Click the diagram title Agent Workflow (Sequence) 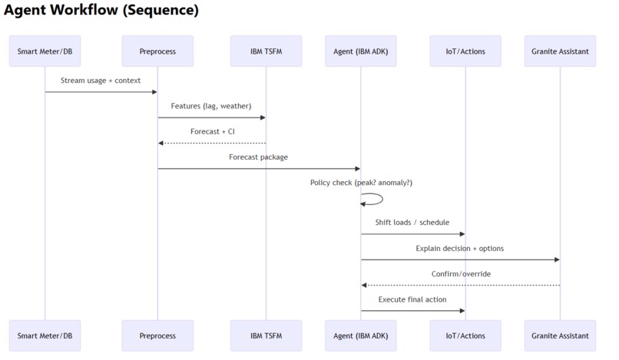click(x=101, y=11)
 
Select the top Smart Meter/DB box click(x=45, y=51)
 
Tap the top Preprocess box click(x=157, y=51)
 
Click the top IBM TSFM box click(x=266, y=51)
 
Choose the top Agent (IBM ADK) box click(x=361, y=51)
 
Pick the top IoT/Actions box click(x=465, y=51)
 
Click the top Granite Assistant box click(x=560, y=51)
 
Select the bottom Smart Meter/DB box click(x=45, y=335)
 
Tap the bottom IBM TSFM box click(x=266, y=335)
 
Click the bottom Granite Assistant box click(x=560, y=335)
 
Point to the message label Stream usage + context click(x=101, y=81)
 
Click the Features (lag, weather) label click(x=211, y=106)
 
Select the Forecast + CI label click(x=212, y=131)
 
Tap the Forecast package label click(x=259, y=157)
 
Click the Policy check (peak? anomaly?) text click(x=361, y=183)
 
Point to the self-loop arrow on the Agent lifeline click(x=376, y=199)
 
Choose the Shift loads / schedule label click(x=412, y=223)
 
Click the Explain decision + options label click(x=460, y=249)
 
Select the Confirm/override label click(x=461, y=274)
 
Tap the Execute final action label click(x=412, y=299)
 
